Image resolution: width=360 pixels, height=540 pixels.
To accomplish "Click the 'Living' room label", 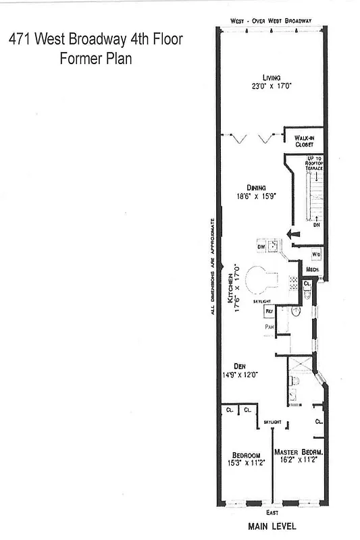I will point(272,77).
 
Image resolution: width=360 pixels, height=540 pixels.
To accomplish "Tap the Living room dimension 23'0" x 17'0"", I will point(272,86).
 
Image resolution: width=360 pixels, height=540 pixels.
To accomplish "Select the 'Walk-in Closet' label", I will point(305,140).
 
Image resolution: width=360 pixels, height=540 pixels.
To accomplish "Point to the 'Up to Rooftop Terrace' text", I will point(314,162).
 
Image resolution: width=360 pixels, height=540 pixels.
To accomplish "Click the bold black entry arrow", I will point(292,234).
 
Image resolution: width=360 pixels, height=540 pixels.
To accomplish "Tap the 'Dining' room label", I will point(255,188).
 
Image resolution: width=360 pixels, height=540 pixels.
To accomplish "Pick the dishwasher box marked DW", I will point(261,247).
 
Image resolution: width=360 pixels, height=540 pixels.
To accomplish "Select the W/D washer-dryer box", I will point(315,254).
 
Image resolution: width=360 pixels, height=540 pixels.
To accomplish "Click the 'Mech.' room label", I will point(312,269).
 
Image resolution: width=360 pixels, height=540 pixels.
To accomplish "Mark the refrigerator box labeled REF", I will point(268,311).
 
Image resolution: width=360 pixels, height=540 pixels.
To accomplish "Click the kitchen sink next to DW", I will point(272,246).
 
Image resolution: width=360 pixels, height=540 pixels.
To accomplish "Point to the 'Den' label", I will point(238,365).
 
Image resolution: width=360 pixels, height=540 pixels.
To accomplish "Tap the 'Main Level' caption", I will point(272,525).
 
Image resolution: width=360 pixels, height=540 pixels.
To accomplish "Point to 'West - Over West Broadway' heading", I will point(270,21).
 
